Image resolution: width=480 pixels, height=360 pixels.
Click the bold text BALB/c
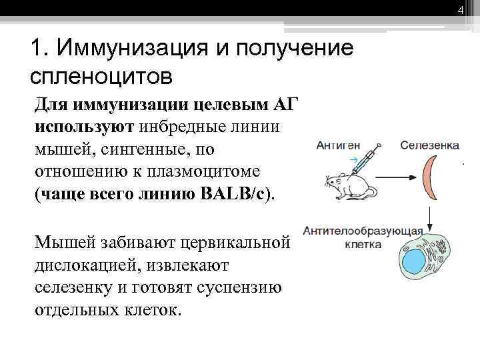(x=232, y=193)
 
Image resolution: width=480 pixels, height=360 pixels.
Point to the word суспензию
(x=238, y=288)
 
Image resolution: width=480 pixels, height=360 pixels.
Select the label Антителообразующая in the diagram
(x=363, y=232)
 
